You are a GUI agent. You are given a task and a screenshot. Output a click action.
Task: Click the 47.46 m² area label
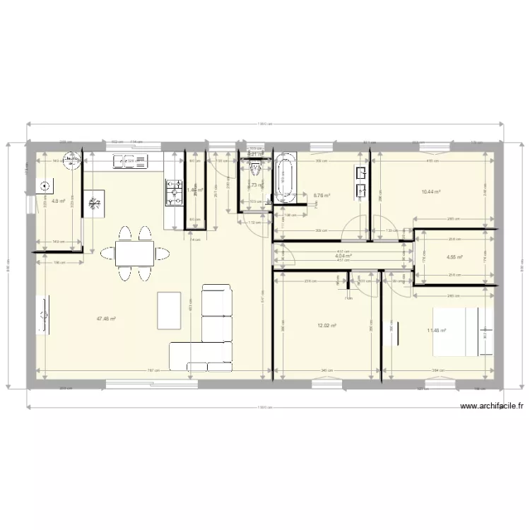pos(106,319)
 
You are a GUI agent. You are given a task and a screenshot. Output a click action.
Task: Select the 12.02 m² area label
pos(326,326)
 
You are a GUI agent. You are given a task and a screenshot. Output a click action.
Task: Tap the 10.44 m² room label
pos(431,192)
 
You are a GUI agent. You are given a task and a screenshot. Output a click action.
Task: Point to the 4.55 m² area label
pos(455,257)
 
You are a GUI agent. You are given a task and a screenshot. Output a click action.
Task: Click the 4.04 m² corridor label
pos(343,256)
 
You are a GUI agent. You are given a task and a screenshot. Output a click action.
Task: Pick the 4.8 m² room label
pos(59,201)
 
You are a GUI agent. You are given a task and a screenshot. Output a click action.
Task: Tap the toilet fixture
pos(255,168)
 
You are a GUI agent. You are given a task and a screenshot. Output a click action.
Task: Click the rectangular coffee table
pos(168,310)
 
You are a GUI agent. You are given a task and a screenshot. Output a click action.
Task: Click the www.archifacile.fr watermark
pos(492,406)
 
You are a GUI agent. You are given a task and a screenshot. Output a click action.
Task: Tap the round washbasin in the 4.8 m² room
pos(71,162)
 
